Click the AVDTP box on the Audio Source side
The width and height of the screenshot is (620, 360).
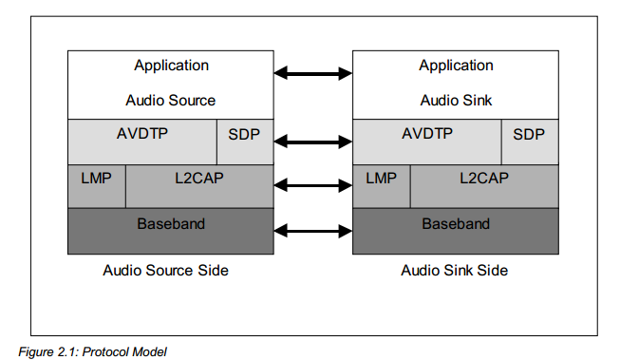[x=142, y=142]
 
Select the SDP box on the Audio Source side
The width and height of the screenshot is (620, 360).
[x=245, y=142]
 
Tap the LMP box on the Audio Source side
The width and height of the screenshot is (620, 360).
[x=97, y=186]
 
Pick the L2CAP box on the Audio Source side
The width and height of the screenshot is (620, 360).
[x=199, y=186]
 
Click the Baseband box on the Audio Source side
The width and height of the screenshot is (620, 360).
[x=171, y=231]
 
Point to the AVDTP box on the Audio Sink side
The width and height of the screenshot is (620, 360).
[x=427, y=142]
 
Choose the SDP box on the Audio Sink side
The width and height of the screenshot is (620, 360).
[x=530, y=142]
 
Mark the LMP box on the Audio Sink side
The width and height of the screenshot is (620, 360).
[x=382, y=186]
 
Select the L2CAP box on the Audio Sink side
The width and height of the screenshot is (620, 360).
[x=484, y=186]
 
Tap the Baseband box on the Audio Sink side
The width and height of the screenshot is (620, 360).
[x=456, y=231]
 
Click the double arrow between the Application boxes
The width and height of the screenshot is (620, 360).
[x=313, y=73]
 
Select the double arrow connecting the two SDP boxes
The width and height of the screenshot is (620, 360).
[x=313, y=142]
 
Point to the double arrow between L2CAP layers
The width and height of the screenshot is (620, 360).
[x=313, y=185]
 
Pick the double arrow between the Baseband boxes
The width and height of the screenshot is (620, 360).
[x=313, y=231]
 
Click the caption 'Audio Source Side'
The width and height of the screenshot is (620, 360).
[x=165, y=271]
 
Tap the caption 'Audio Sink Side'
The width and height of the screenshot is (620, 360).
[x=455, y=271]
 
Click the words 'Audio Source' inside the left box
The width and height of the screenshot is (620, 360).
[x=170, y=101]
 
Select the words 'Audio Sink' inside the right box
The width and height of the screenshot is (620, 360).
[x=456, y=101]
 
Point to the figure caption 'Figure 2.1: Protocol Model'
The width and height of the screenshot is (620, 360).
[x=92, y=351]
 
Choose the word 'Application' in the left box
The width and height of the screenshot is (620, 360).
[x=171, y=66]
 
